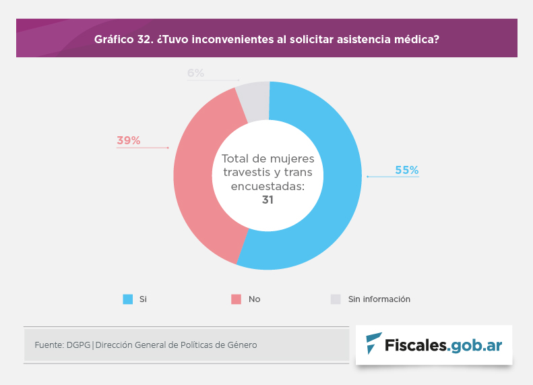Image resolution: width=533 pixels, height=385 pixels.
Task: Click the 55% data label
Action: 406,171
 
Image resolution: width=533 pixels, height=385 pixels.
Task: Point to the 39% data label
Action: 128,140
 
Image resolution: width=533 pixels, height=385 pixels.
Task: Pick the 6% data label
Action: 195,73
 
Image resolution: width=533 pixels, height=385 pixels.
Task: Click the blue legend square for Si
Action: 127,299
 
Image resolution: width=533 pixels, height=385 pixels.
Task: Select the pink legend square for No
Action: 236,299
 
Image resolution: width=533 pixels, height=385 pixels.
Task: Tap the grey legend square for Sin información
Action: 336,299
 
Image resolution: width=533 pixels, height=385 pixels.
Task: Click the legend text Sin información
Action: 379,299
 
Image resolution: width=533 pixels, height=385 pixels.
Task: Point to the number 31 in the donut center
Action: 268,200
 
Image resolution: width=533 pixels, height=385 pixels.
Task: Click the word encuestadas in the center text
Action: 268,186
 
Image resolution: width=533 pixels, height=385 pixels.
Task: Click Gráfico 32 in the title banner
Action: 123,38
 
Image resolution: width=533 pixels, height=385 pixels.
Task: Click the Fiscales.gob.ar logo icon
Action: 374,344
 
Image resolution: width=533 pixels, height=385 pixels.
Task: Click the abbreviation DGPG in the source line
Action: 78,345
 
